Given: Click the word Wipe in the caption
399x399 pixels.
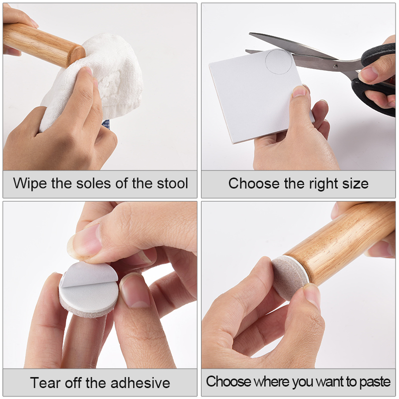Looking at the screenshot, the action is [30, 184].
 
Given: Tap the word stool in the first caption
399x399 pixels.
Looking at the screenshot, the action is [172, 183].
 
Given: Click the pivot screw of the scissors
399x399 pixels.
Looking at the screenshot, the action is [335, 67].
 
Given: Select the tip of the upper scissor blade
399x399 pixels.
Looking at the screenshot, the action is [250, 33].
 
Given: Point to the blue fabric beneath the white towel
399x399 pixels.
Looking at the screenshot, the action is [106, 124].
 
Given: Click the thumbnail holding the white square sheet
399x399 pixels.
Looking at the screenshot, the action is [300, 91].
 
